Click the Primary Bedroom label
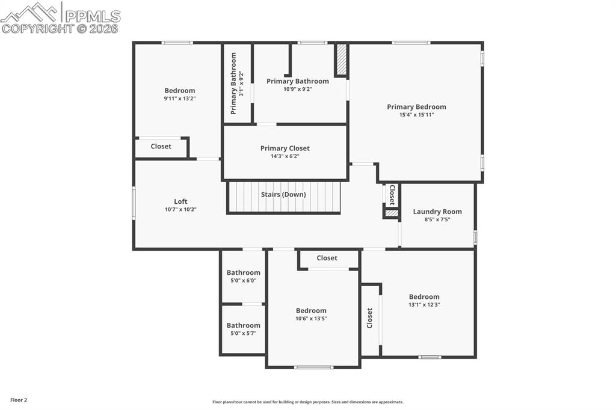click(x=416, y=107)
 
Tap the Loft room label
click(x=180, y=201)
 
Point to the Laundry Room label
click(x=437, y=212)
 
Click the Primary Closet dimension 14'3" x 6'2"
click(x=285, y=156)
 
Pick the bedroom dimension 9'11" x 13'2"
click(x=180, y=99)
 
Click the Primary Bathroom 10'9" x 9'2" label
click(x=298, y=81)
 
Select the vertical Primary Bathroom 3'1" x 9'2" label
click(x=234, y=83)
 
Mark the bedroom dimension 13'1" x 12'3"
click(x=424, y=305)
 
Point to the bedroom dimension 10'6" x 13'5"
click(x=311, y=319)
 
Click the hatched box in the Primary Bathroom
click(x=341, y=60)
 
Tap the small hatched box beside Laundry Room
click(x=391, y=213)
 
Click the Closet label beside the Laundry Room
click(x=392, y=195)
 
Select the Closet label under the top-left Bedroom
click(x=161, y=146)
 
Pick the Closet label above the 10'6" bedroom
click(x=327, y=258)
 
